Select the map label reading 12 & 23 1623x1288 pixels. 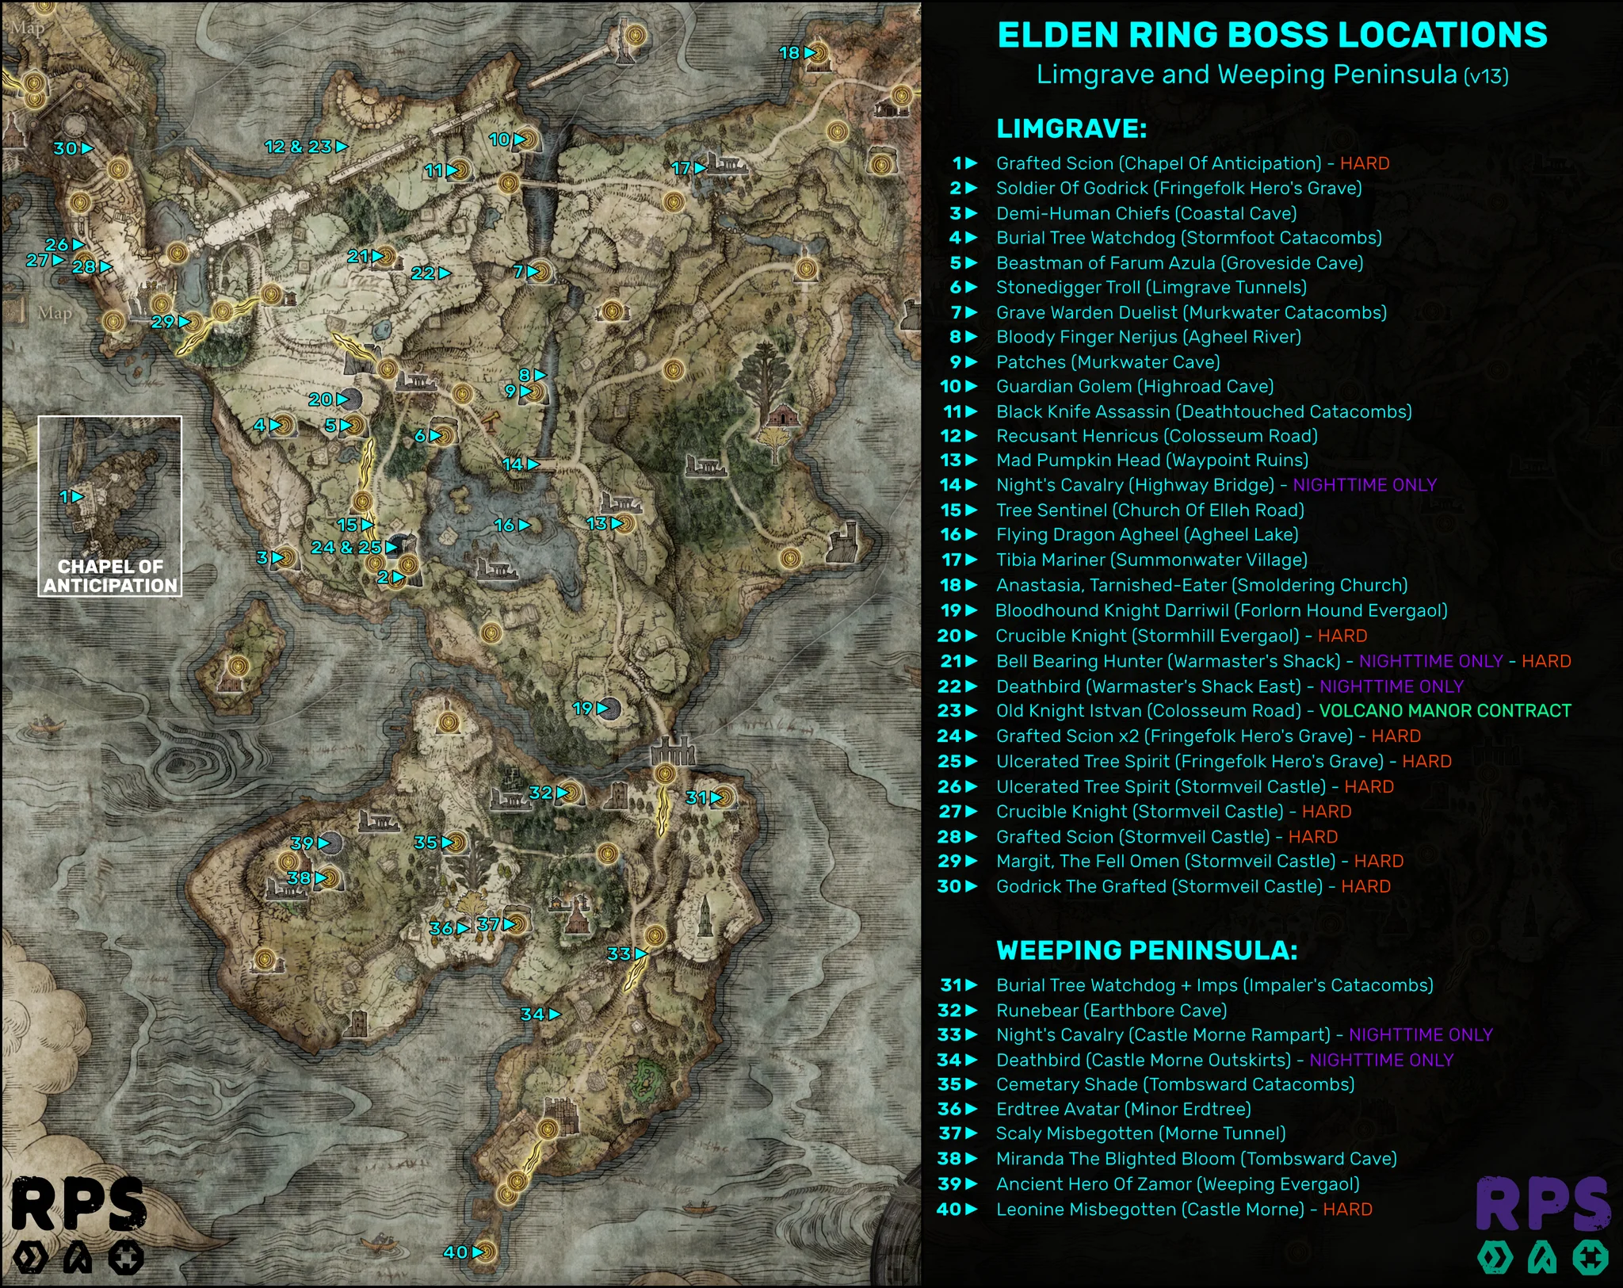[x=305, y=147]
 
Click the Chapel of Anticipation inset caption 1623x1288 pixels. [x=110, y=576]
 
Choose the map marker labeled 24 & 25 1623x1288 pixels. [x=354, y=547]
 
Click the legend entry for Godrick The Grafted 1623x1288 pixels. [x=1159, y=886]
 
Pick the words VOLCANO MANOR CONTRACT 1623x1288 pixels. [x=1445, y=710]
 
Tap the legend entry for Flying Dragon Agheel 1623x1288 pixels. [x=1147, y=535]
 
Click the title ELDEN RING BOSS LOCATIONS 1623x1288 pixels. [x=1271, y=35]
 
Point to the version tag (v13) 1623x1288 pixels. [x=1486, y=76]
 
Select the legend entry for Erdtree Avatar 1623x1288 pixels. [x=1123, y=1109]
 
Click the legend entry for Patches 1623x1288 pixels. [x=1107, y=362]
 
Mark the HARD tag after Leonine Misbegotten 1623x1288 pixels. [x=1347, y=1210]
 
